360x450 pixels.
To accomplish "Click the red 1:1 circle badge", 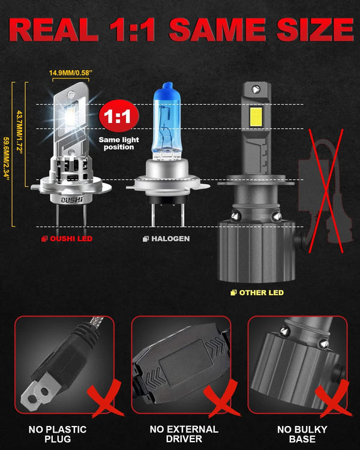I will [118, 116].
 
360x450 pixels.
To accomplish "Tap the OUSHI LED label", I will [67, 239].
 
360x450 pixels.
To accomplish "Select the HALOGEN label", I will [166, 239].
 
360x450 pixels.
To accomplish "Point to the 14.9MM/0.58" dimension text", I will [70, 73].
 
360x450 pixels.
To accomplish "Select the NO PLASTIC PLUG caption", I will [57, 434].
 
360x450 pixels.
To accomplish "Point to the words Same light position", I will [118, 143].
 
